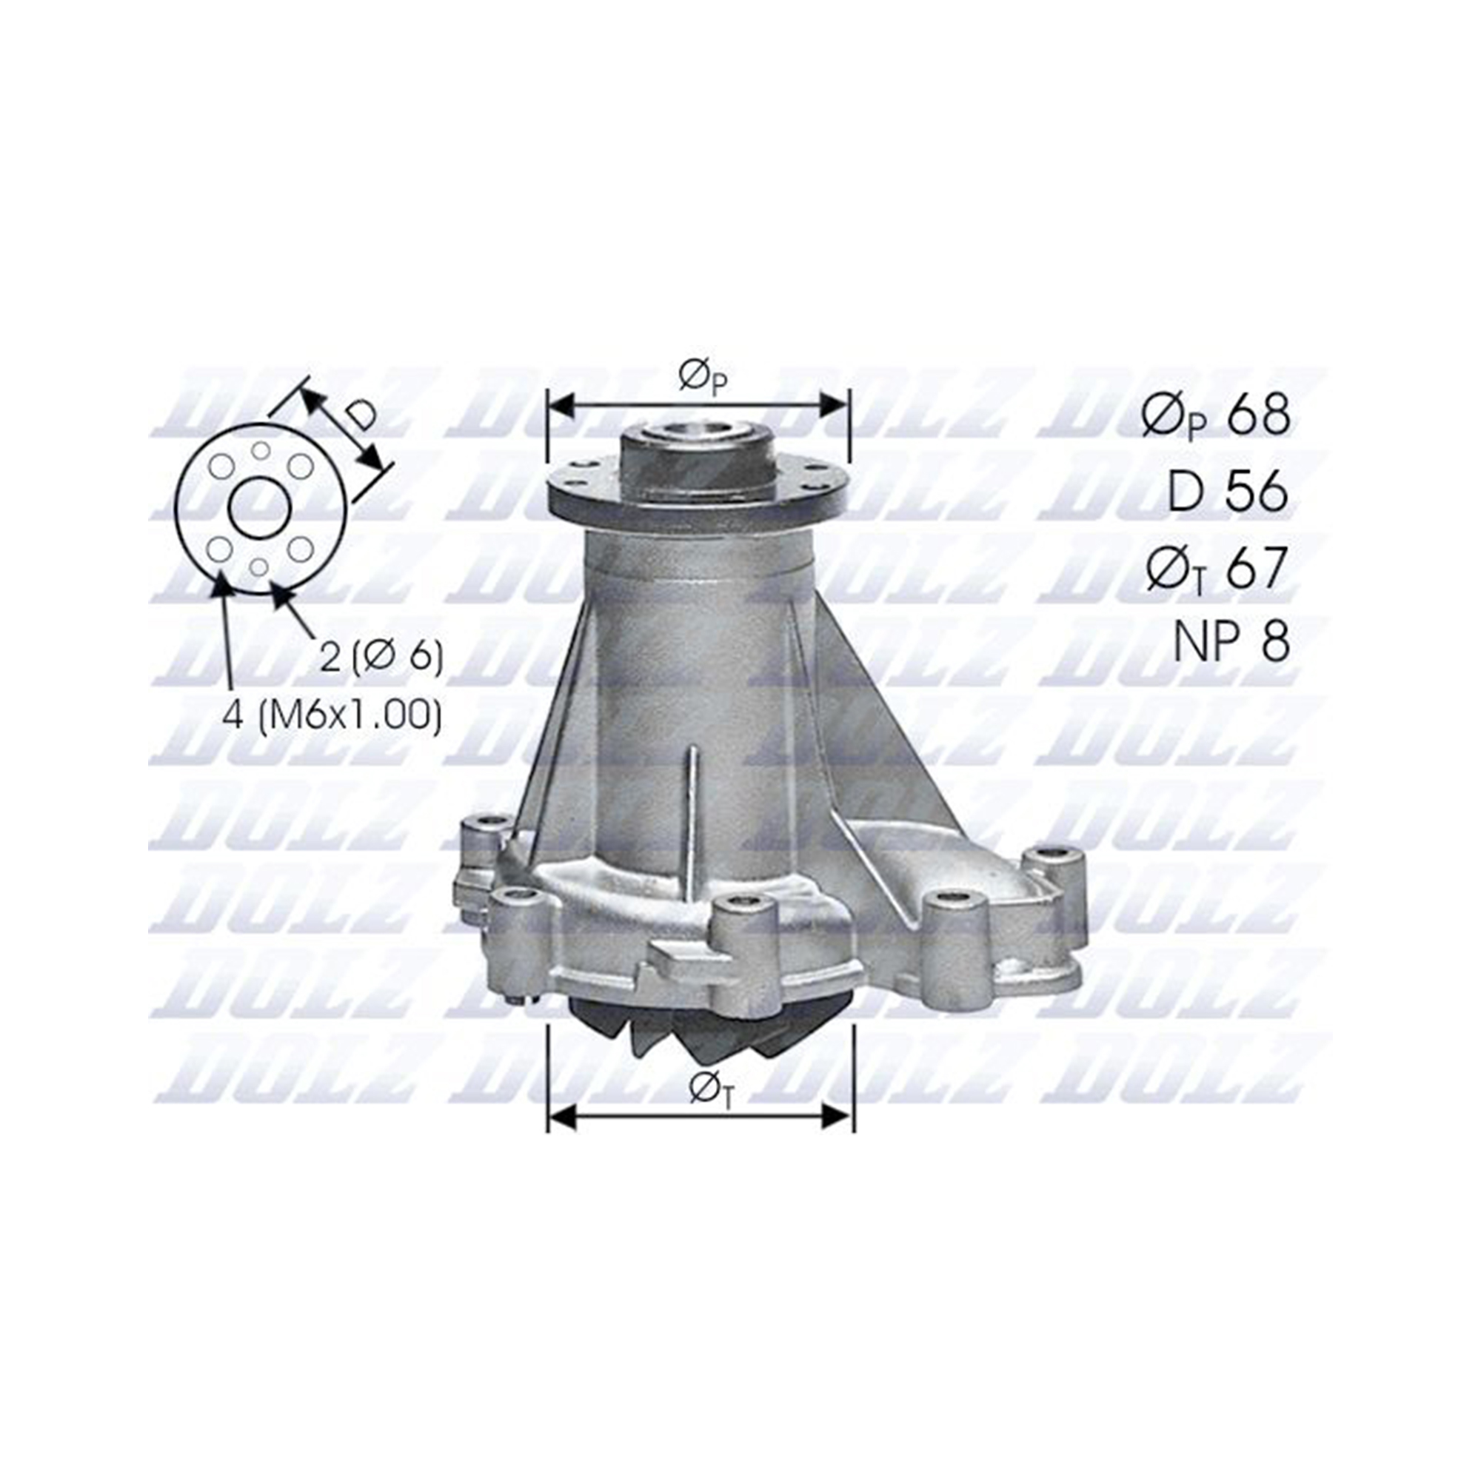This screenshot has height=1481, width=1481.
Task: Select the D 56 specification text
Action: (1227, 492)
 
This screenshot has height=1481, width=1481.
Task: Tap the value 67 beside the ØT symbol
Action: (1257, 568)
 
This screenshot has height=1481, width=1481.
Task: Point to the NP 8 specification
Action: (1231, 641)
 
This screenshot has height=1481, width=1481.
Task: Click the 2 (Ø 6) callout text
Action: (381, 656)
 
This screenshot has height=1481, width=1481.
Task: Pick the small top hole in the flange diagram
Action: (261, 450)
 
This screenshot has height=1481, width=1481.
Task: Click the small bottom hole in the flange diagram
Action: (260, 566)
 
